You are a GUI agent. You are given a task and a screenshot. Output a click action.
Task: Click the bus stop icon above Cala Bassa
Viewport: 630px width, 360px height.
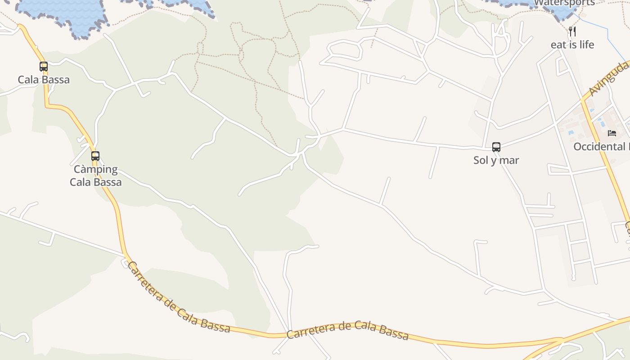coord(44,67)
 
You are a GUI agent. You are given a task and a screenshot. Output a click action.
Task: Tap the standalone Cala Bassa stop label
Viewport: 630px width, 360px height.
coord(44,80)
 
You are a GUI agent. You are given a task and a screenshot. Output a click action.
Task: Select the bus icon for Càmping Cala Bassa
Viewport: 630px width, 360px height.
coord(95,156)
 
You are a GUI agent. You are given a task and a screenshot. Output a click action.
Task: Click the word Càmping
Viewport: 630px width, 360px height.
coord(96,170)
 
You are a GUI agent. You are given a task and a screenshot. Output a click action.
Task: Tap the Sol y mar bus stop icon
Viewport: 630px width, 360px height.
coord(496,147)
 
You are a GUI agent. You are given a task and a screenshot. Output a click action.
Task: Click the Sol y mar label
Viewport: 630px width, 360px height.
coord(496,160)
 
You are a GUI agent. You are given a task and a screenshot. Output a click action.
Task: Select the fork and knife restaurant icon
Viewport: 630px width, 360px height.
coord(572,31)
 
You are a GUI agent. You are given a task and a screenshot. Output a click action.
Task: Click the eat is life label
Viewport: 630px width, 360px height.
coord(572,45)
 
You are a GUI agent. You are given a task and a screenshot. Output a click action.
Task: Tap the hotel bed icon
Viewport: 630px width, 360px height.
coord(612,133)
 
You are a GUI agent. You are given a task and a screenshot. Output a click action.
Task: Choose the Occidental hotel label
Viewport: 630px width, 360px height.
coord(601,147)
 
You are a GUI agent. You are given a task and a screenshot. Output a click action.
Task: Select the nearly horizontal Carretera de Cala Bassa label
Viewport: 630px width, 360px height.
coord(347,330)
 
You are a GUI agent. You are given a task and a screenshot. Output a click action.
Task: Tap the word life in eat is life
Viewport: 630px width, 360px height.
coord(586,45)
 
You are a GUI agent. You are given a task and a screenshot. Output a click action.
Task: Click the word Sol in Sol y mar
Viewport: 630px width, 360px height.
coord(481,160)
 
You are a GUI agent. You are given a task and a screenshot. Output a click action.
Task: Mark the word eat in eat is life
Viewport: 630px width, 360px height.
coord(558,45)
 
